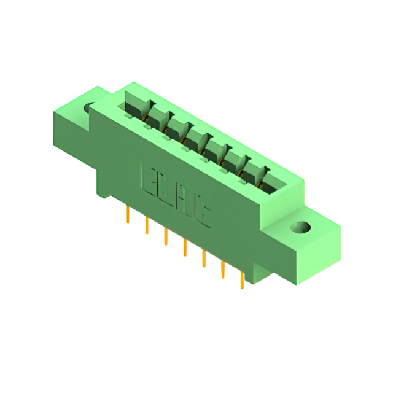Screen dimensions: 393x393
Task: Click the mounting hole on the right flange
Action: [x=302, y=228]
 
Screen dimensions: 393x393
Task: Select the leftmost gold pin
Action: [x=127, y=214]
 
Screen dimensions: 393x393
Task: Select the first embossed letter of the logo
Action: [x=149, y=177]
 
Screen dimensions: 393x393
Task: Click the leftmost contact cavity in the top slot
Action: [x=134, y=107]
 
